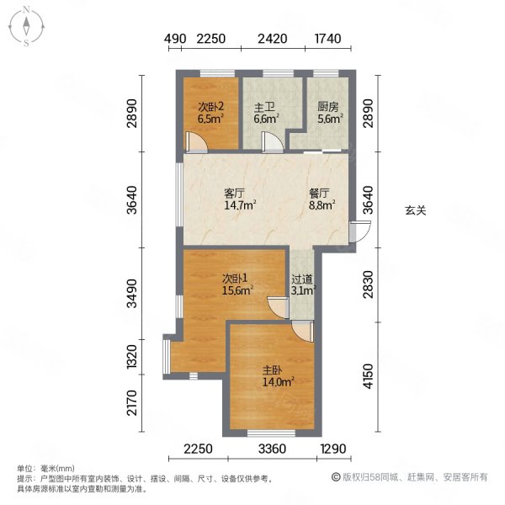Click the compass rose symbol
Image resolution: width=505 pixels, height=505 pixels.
coord(26,27)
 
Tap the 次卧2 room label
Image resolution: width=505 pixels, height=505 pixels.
coord(211,113)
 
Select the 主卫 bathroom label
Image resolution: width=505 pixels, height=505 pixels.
coord(266,113)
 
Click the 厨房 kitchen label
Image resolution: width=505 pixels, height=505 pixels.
coord(330,113)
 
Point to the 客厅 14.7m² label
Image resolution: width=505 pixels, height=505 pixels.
coord(240,199)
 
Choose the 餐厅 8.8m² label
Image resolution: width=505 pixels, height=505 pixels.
coord(322,199)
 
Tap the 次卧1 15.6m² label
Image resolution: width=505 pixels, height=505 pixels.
coord(237,284)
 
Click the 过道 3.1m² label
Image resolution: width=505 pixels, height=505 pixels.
coord(303,284)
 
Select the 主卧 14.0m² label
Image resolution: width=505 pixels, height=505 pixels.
coord(279,376)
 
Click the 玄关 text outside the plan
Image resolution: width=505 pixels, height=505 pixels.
coord(416,210)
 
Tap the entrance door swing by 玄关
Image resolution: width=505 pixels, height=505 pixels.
coord(360,231)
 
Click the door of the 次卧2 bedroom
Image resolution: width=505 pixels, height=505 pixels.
coord(196,142)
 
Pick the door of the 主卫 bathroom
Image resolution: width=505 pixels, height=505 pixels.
coord(273,142)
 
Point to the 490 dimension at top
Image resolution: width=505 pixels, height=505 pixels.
coord(175,39)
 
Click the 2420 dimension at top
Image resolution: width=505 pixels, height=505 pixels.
coord(273,39)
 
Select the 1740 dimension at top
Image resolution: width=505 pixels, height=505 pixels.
coord(327,39)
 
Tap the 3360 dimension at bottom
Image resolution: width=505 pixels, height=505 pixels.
coord(272,449)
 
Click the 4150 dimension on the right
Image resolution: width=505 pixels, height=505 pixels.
coord(368,376)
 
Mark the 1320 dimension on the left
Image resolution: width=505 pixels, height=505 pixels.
coord(132,357)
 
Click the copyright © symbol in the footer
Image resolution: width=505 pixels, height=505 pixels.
coord(336,476)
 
